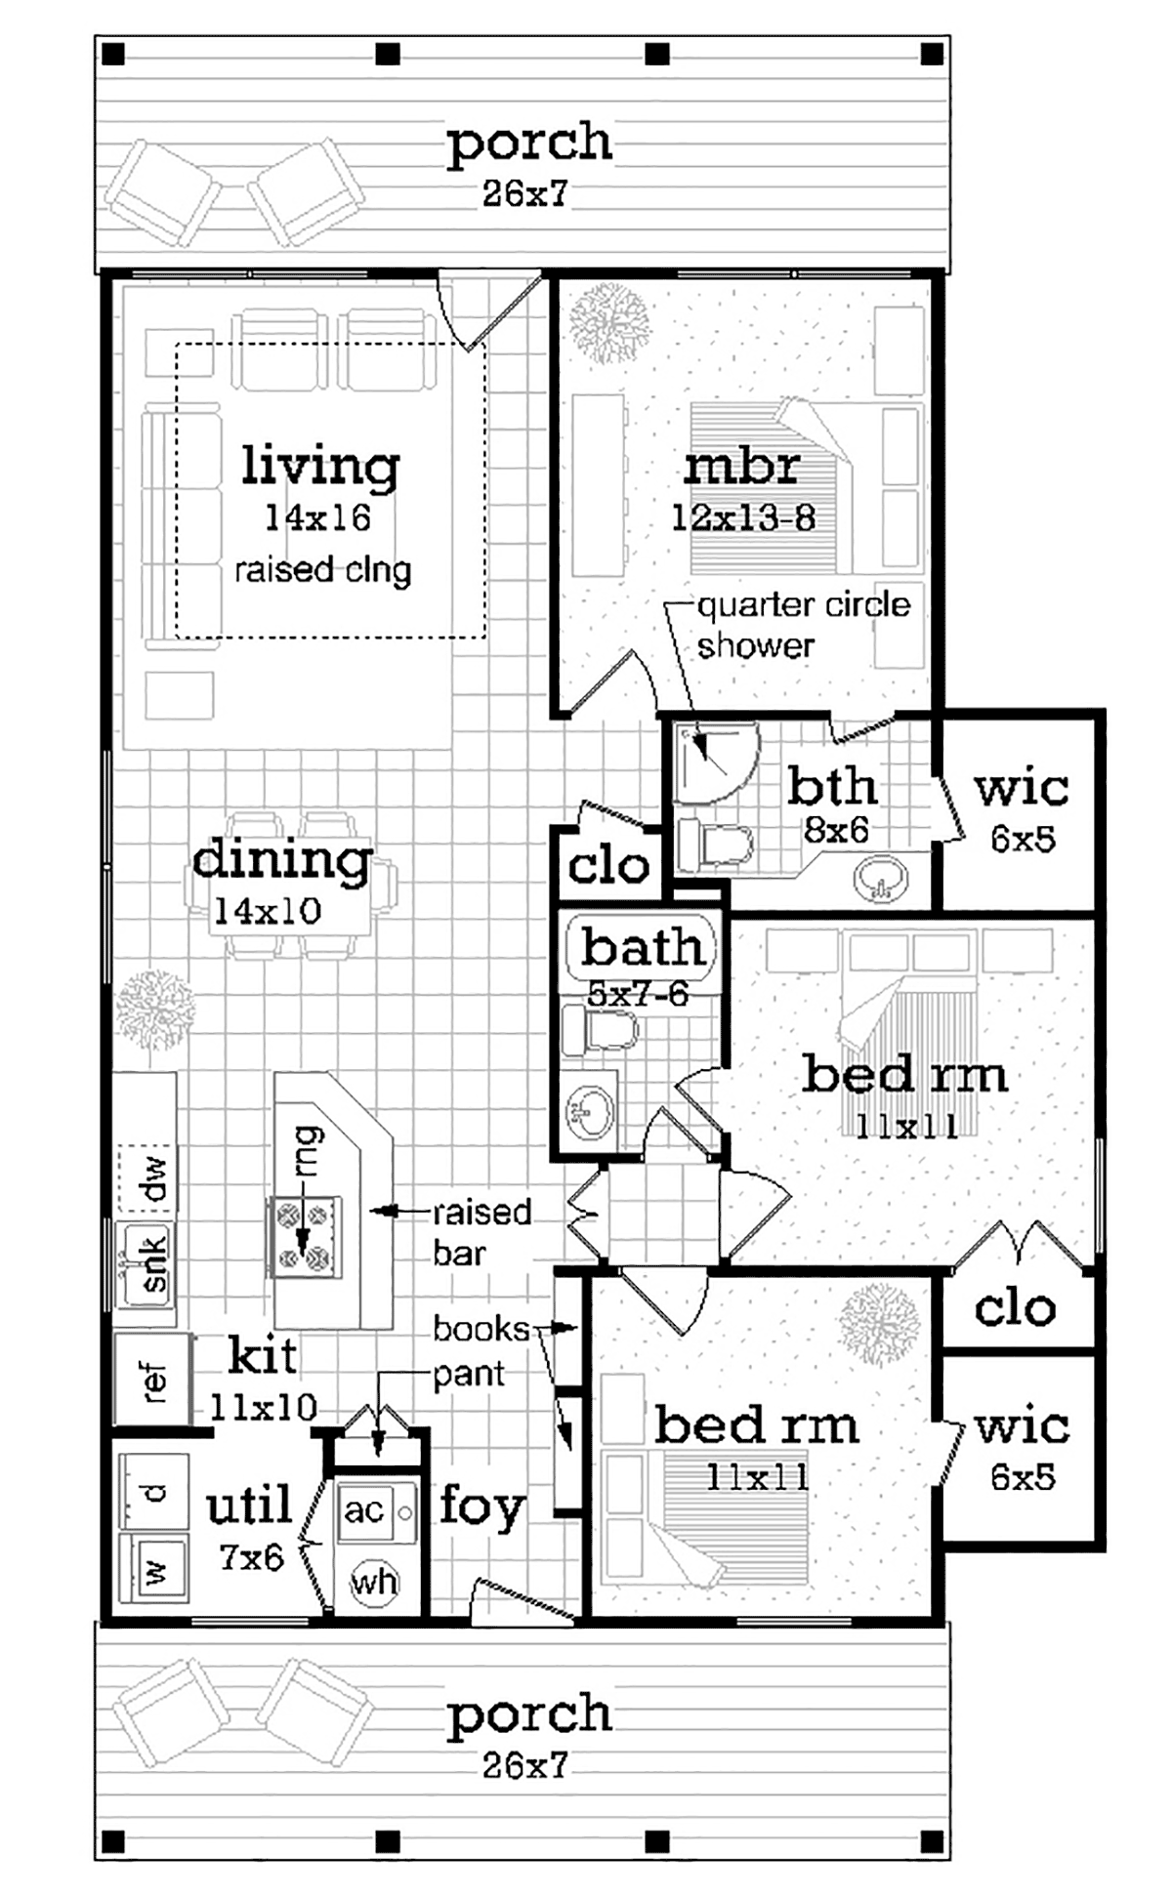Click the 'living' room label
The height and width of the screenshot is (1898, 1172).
pyautogui.click(x=320, y=466)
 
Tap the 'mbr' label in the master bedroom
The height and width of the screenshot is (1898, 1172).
pyautogui.click(x=742, y=467)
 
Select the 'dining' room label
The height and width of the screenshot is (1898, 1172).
pyautogui.click(x=282, y=860)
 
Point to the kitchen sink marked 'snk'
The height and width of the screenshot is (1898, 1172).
pyautogui.click(x=146, y=1264)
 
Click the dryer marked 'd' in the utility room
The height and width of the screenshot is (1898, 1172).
pyautogui.click(x=153, y=1491)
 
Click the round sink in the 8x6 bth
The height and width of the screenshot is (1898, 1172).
pyautogui.click(x=882, y=879)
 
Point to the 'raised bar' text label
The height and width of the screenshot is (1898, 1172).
pyautogui.click(x=482, y=1232)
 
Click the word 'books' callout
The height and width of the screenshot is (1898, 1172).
pyautogui.click(x=481, y=1329)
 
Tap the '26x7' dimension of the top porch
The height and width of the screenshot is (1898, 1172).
pyautogui.click(x=524, y=193)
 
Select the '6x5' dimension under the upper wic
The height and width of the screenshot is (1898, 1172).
pyautogui.click(x=1023, y=840)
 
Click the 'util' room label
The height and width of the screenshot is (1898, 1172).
pyautogui.click(x=249, y=1505)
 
